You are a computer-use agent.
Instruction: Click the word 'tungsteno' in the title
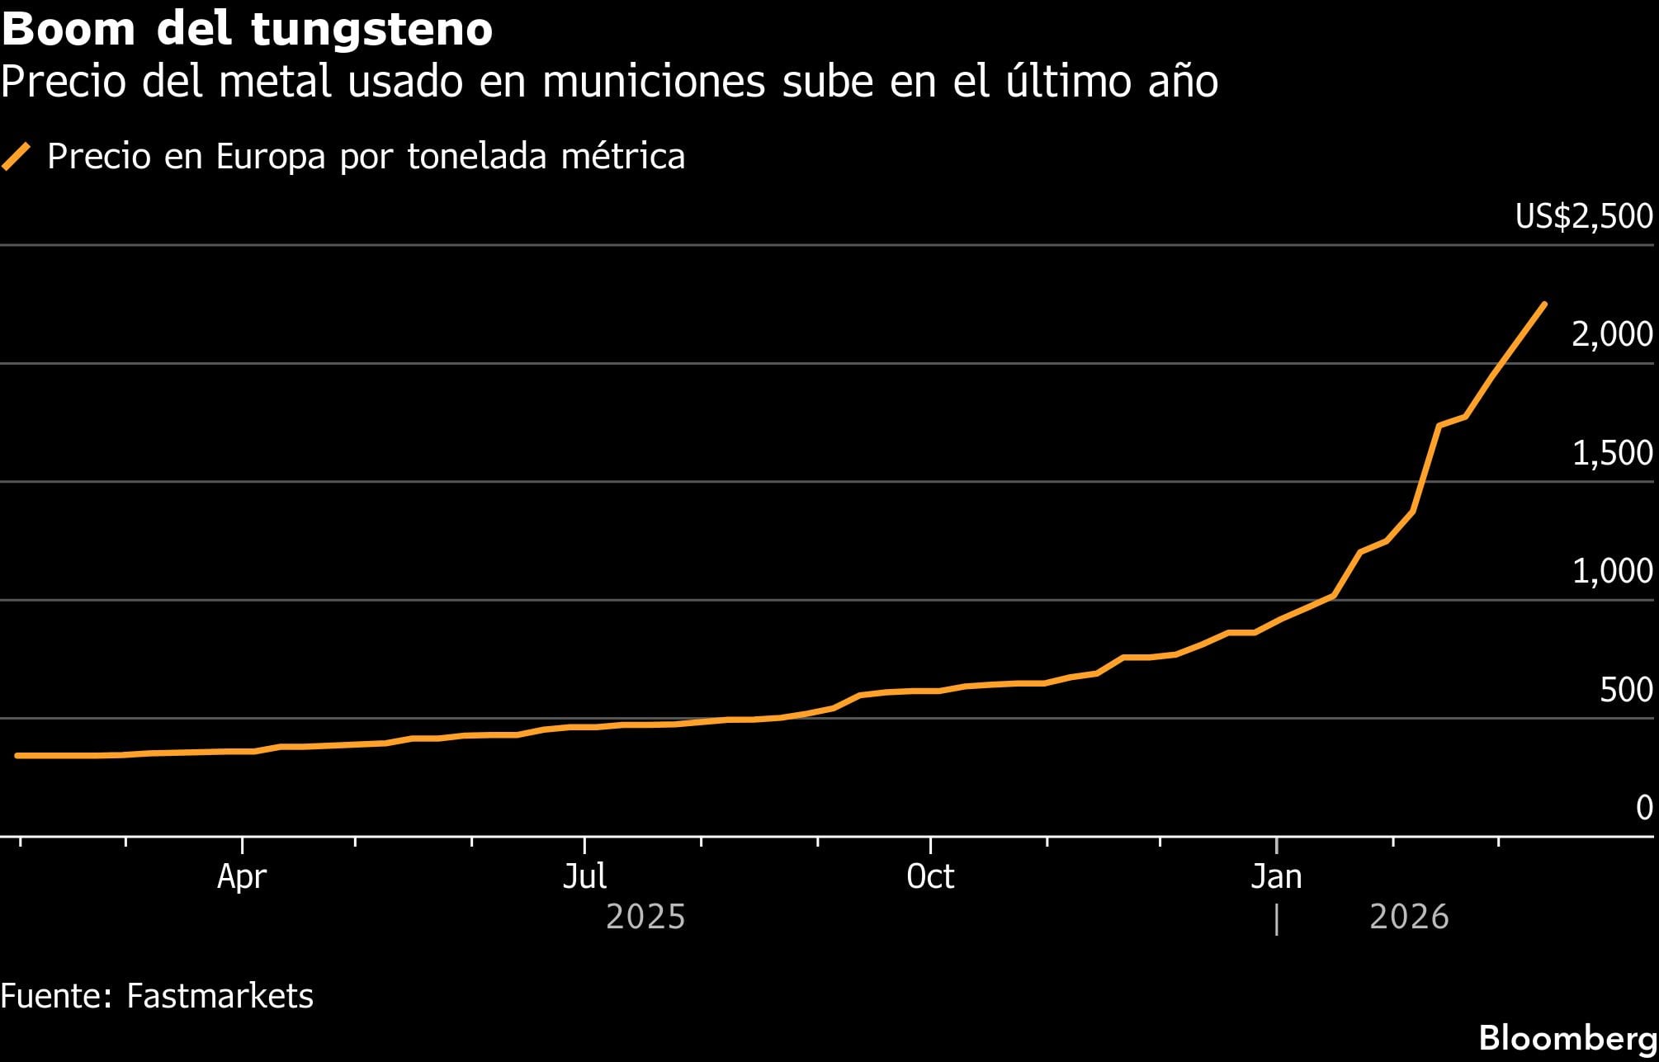pos(371,30)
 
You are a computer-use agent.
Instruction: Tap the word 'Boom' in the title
pos(69,30)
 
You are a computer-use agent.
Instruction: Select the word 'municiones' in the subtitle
pos(654,82)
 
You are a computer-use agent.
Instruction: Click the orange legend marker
pos(17,156)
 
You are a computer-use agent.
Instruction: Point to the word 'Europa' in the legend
pos(271,157)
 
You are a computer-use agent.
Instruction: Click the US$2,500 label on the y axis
pos(1583,216)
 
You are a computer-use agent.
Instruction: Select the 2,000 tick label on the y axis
pos(1611,334)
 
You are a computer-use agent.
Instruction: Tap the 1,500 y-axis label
pos(1611,453)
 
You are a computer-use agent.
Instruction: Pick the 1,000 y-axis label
pos(1611,571)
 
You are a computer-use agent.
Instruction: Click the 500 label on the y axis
pos(1625,690)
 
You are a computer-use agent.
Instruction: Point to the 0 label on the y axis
pos(1643,808)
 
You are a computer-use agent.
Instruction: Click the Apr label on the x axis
pos(242,876)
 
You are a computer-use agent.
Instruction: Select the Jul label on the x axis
pos(584,876)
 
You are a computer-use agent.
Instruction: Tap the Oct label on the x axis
pos(930,876)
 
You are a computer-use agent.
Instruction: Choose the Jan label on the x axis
pos(1276,876)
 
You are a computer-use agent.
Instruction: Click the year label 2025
pos(645,918)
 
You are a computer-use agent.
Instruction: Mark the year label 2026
pos(1409,918)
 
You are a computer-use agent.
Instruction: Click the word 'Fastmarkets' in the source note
pos(220,996)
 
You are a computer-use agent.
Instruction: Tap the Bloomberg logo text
pos(1567,1038)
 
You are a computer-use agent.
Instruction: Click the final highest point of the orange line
pos(1543,304)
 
